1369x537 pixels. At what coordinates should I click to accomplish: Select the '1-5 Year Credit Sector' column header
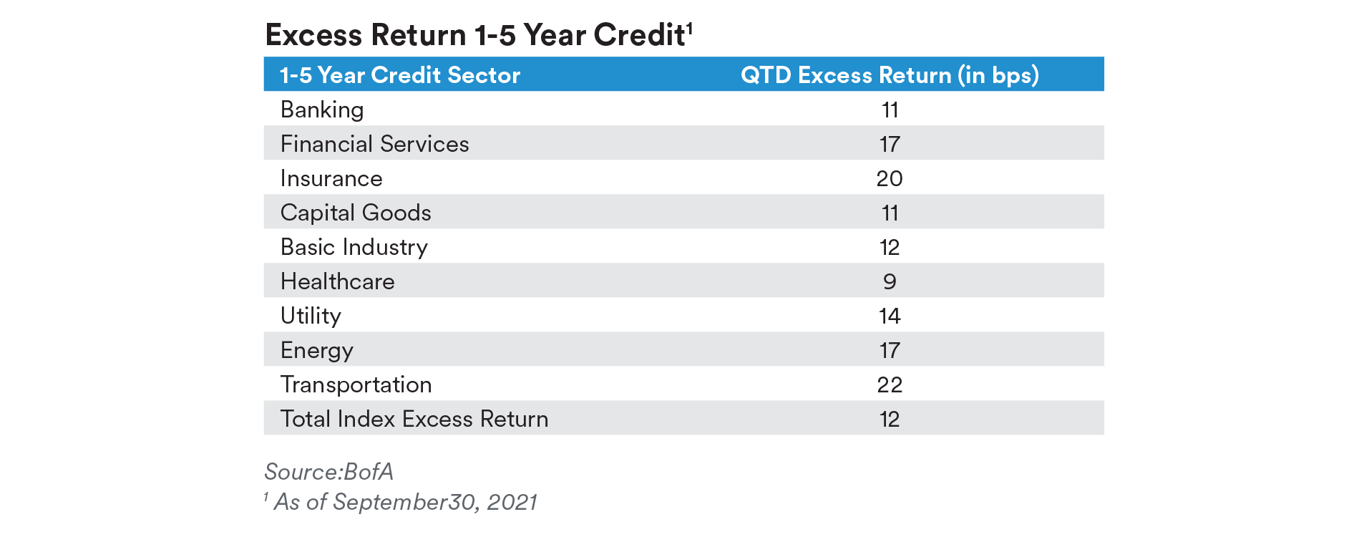click(x=400, y=75)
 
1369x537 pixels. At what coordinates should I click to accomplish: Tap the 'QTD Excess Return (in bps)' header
click(x=890, y=75)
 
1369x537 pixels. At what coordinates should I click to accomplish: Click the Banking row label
click(x=322, y=110)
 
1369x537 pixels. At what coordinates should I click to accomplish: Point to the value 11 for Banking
click(x=890, y=110)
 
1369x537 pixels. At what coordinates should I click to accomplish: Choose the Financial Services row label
click(x=374, y=144)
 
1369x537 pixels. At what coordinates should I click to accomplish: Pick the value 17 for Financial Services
click(x=890, y=144)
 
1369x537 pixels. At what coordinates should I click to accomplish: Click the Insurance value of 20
click(x=890, y=178)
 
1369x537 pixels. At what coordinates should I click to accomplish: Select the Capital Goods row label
click(x=356, y=213)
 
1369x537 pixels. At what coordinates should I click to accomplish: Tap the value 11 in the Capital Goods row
click(x=890, y=213)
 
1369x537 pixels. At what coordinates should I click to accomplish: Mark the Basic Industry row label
click(x=354, y=247)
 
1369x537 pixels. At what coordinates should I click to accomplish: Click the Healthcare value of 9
click(x=890, y=281)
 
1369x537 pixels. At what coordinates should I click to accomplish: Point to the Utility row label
click(x=311, y=316)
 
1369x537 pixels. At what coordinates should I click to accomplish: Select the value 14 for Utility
click(x=890, y=316)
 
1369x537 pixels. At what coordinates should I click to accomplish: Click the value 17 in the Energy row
click(x=890, y=350)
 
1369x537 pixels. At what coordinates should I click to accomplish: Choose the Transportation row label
click(x=356, y=384)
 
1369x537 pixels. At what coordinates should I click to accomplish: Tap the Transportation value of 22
click(x=890, y=384)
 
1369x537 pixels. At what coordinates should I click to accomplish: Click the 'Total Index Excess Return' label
click(x=414, y=419)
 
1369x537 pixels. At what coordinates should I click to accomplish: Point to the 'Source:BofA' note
click(x=329, y=472)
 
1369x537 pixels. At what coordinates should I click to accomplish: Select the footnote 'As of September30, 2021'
click(x=405, y=502)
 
